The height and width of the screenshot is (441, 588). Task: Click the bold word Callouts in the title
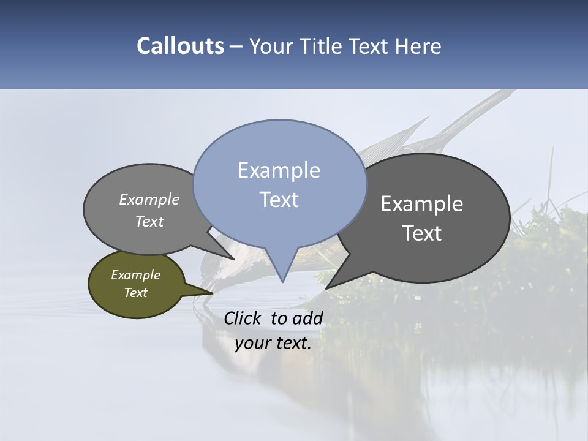click(x=180, y=47)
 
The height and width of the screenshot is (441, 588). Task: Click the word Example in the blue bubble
click(x=279, y=170)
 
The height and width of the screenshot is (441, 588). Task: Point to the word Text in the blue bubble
click(x=279, y=200)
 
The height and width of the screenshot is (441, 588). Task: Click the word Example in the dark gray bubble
click(x=422, y=204)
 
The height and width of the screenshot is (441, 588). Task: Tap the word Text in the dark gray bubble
click(x=422, y=233)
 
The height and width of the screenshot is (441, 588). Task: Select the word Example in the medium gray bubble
click(x=149, y=200)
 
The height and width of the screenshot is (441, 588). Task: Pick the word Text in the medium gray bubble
click(x=149, y=222)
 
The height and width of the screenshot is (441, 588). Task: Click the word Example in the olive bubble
click(x=135, y=275)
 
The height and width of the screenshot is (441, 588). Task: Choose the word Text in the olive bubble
click(x=135, y=293)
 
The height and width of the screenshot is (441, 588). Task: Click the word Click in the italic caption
click(x=244, y=318)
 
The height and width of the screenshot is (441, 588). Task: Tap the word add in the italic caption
click(x=307, y=318)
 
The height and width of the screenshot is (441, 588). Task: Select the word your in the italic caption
click(x=253, y=343)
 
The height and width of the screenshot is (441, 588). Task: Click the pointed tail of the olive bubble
click(x=211, y=293)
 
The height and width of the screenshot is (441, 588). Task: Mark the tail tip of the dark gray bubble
click(x=326, y=288)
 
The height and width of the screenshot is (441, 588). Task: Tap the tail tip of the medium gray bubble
click(x=234, y=258)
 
